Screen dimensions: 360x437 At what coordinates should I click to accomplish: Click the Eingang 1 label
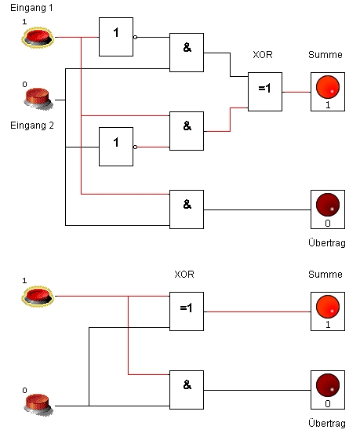[31, 8]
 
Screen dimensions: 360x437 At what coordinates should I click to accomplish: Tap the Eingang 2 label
[31, 126]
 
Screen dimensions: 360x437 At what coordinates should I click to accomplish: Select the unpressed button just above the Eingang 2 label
[38, 98]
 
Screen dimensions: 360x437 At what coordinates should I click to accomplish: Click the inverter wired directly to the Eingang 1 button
[116, 37]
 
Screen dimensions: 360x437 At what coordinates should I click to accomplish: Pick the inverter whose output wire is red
[116, 147]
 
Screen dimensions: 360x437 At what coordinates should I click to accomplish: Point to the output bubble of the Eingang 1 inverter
[135, 37]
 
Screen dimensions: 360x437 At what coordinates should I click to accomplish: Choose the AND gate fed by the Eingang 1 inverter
[187, 53]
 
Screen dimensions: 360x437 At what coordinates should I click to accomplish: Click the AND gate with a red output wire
[187, 131]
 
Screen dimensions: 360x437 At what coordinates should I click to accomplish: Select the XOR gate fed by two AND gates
[265, 92]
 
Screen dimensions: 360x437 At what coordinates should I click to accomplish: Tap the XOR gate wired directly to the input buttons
[187, 311]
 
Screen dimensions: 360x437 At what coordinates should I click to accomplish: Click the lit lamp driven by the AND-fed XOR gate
[328, 92]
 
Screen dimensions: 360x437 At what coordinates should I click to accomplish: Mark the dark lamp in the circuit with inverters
[328, 209]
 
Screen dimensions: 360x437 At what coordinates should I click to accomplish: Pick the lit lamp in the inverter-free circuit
[328, 311]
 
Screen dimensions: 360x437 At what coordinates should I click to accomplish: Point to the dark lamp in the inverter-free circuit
[328, 390]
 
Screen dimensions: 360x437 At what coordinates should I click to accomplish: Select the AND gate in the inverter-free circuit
[187, 390]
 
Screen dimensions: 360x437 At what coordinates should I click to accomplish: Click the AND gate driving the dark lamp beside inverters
[187, 209]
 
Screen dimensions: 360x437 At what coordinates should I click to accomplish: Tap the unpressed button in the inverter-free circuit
[38, 404]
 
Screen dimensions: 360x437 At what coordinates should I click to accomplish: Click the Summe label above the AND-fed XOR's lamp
[325, 55]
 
